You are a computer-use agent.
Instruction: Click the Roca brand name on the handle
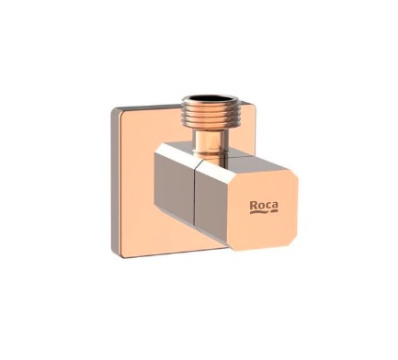pos(264,206)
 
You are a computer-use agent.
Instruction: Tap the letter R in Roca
pos(254,206)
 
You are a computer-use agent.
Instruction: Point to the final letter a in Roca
pos(275,207)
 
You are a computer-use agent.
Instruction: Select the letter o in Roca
pos(260,207)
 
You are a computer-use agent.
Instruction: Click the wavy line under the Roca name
pos(264,212)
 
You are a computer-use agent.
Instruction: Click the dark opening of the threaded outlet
pos(210,99)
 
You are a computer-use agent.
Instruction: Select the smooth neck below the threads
pos(210,137)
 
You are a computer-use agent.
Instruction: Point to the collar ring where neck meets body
pos(210,151)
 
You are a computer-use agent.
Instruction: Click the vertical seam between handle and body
pos(195,196)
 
